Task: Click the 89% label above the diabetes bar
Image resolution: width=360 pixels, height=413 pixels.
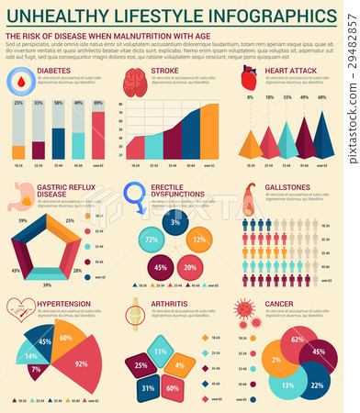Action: tap(98, 104)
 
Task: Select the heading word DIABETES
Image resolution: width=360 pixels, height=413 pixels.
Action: tap(54, 70)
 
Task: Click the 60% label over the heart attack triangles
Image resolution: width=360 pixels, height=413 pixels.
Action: tap(321, 96)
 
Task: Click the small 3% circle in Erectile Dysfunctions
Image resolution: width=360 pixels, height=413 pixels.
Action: tap(174, 223)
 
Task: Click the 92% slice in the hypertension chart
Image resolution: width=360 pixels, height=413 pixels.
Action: tap(81, 364)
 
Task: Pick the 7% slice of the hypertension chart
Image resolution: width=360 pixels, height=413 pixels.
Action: tap(36, 369)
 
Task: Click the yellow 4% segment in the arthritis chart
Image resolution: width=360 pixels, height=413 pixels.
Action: tap(174, 366)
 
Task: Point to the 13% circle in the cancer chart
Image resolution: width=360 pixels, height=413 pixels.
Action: tap(287, 385)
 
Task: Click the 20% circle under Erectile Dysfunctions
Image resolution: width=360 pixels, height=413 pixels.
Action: tap(190, 267)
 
